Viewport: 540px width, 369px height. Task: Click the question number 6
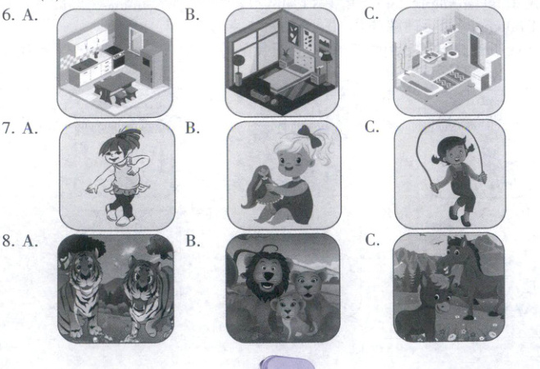pyautogui.click(x=8, y=16)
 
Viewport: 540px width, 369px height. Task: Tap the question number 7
pyautogui.click(x=8, y=128)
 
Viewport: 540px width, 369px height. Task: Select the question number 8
pyautogui.click(x=8, y=241)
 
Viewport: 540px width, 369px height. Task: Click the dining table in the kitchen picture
pyautogui.click(x=115, y=84)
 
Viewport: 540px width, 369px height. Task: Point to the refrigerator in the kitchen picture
pyautogui.click(x=151, y=66)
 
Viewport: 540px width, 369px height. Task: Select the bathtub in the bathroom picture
pyautogui.click(x=420, y=84)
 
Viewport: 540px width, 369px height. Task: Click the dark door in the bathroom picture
pyautogui.click(x=477, y=50)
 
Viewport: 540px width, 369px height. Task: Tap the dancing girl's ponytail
pyautogui.click(x=130, y=134)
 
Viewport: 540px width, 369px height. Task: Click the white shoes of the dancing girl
pyautogui.click(x=120, y=216)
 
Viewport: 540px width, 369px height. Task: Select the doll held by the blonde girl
pyautogui.click(x=259, y=186)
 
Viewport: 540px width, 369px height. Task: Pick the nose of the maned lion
pyautogui.click(x=269, y=276)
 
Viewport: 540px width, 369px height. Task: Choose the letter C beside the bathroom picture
pyautogui.click(x=371, y=14)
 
